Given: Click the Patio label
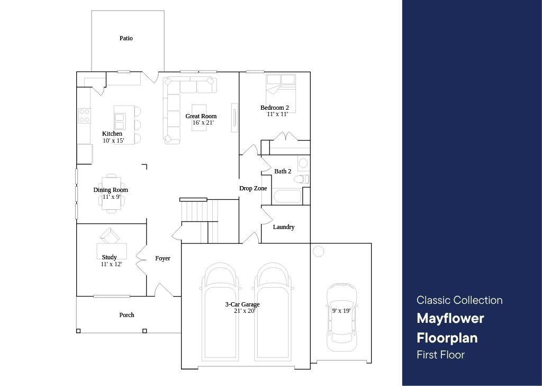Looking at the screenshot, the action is [126, 38].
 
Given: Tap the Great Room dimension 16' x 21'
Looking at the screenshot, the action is [203, 122].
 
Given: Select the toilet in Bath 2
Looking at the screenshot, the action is [301, 179].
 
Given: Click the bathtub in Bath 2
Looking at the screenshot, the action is [287, 196].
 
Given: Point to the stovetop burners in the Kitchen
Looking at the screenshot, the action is [84, 116].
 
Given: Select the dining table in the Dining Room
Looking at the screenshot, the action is [111, 194].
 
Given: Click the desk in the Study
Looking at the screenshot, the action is [112, 251].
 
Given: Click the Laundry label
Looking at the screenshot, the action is [284, 227].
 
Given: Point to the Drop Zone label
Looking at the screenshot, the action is [253, 188].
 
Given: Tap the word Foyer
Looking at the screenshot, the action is [162, 258].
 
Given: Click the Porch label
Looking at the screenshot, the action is [127, 315].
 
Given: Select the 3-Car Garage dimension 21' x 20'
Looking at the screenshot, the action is [245, 311].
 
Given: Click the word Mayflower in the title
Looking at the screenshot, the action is [450, 319].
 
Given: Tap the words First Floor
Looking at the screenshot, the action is [441, 355].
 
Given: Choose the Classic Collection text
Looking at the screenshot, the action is [460, 300].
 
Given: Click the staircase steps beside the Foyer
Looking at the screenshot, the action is [200, 221].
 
